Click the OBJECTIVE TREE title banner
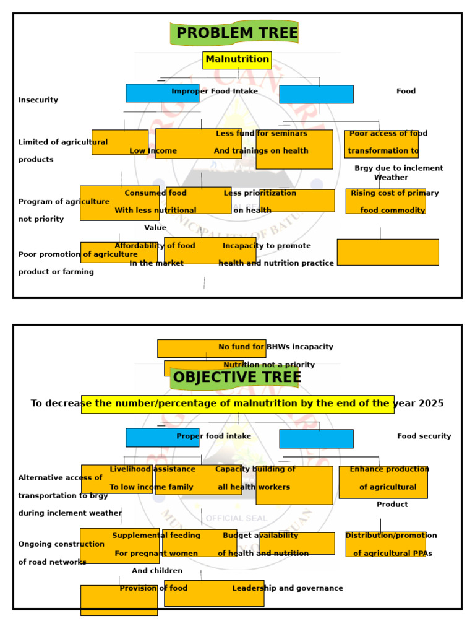(x=237, y=377)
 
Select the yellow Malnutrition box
(x=237, y=59)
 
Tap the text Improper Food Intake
(x=215, y=91)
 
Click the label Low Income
(x=153, y=150)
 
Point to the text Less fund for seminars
(x=261, y=133)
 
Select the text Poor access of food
(x=388, y=133)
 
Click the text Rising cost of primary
(x=395, y=193)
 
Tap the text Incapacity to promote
(x=267, y=245)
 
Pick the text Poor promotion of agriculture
(x=78, y=254)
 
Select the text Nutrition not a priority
(x=269, y=365)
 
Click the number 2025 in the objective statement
(x=430, y=403)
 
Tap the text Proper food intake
(x=214, y=436)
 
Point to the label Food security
(x=424, y=436)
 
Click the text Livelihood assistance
(x=152, y=469)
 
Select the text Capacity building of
(x=255, y=469)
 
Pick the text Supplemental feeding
(x=156, y=535)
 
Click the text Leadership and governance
(x=288, y=588)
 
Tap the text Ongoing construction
(x=61, y=544)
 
